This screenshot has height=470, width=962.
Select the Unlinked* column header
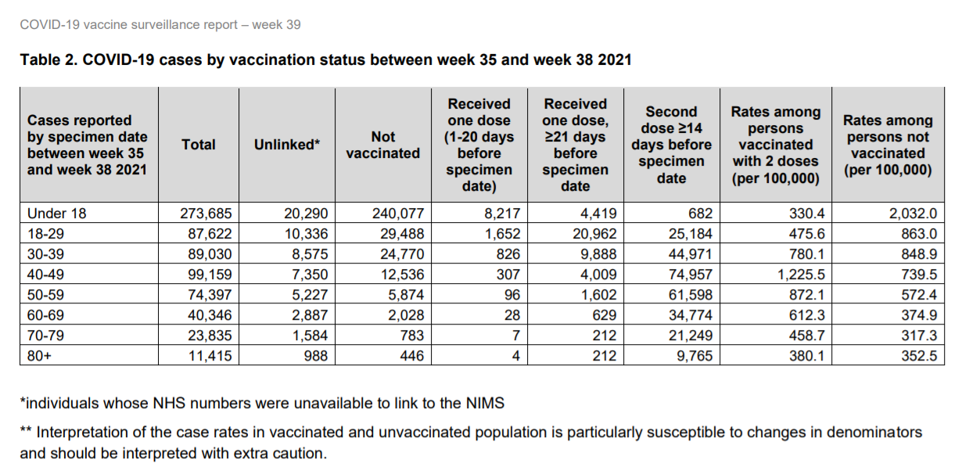287,145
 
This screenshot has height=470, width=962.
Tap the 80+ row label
40,356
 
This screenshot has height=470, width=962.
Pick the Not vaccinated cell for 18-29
398,233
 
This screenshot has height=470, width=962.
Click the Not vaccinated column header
382,145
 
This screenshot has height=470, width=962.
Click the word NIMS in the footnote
485,404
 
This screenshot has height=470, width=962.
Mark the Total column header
199,145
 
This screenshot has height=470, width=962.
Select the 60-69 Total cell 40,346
206,315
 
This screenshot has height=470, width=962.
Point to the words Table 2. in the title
47,59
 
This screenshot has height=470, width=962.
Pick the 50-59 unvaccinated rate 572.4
915,295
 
